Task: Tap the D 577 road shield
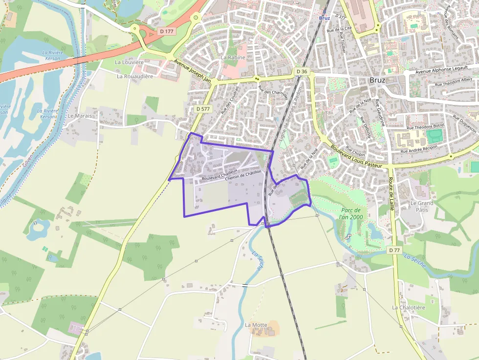(x=203, y=109)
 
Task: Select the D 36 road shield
(x=302, y=71)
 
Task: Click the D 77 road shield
(x=394, y=250)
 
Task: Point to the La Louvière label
(x=129, y=63)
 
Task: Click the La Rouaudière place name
(x=135, y=76)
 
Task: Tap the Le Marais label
(x=80, y=116)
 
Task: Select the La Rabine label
(x=233, y=57)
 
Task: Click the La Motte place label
(x=255, y=325)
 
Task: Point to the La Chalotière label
(x=409, y=308)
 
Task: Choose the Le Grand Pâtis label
(x=422, y=206)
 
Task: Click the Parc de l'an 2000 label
(x=351, y=213)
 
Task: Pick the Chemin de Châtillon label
(x=243, y=176)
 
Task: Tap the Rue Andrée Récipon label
(x=419, y=148)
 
